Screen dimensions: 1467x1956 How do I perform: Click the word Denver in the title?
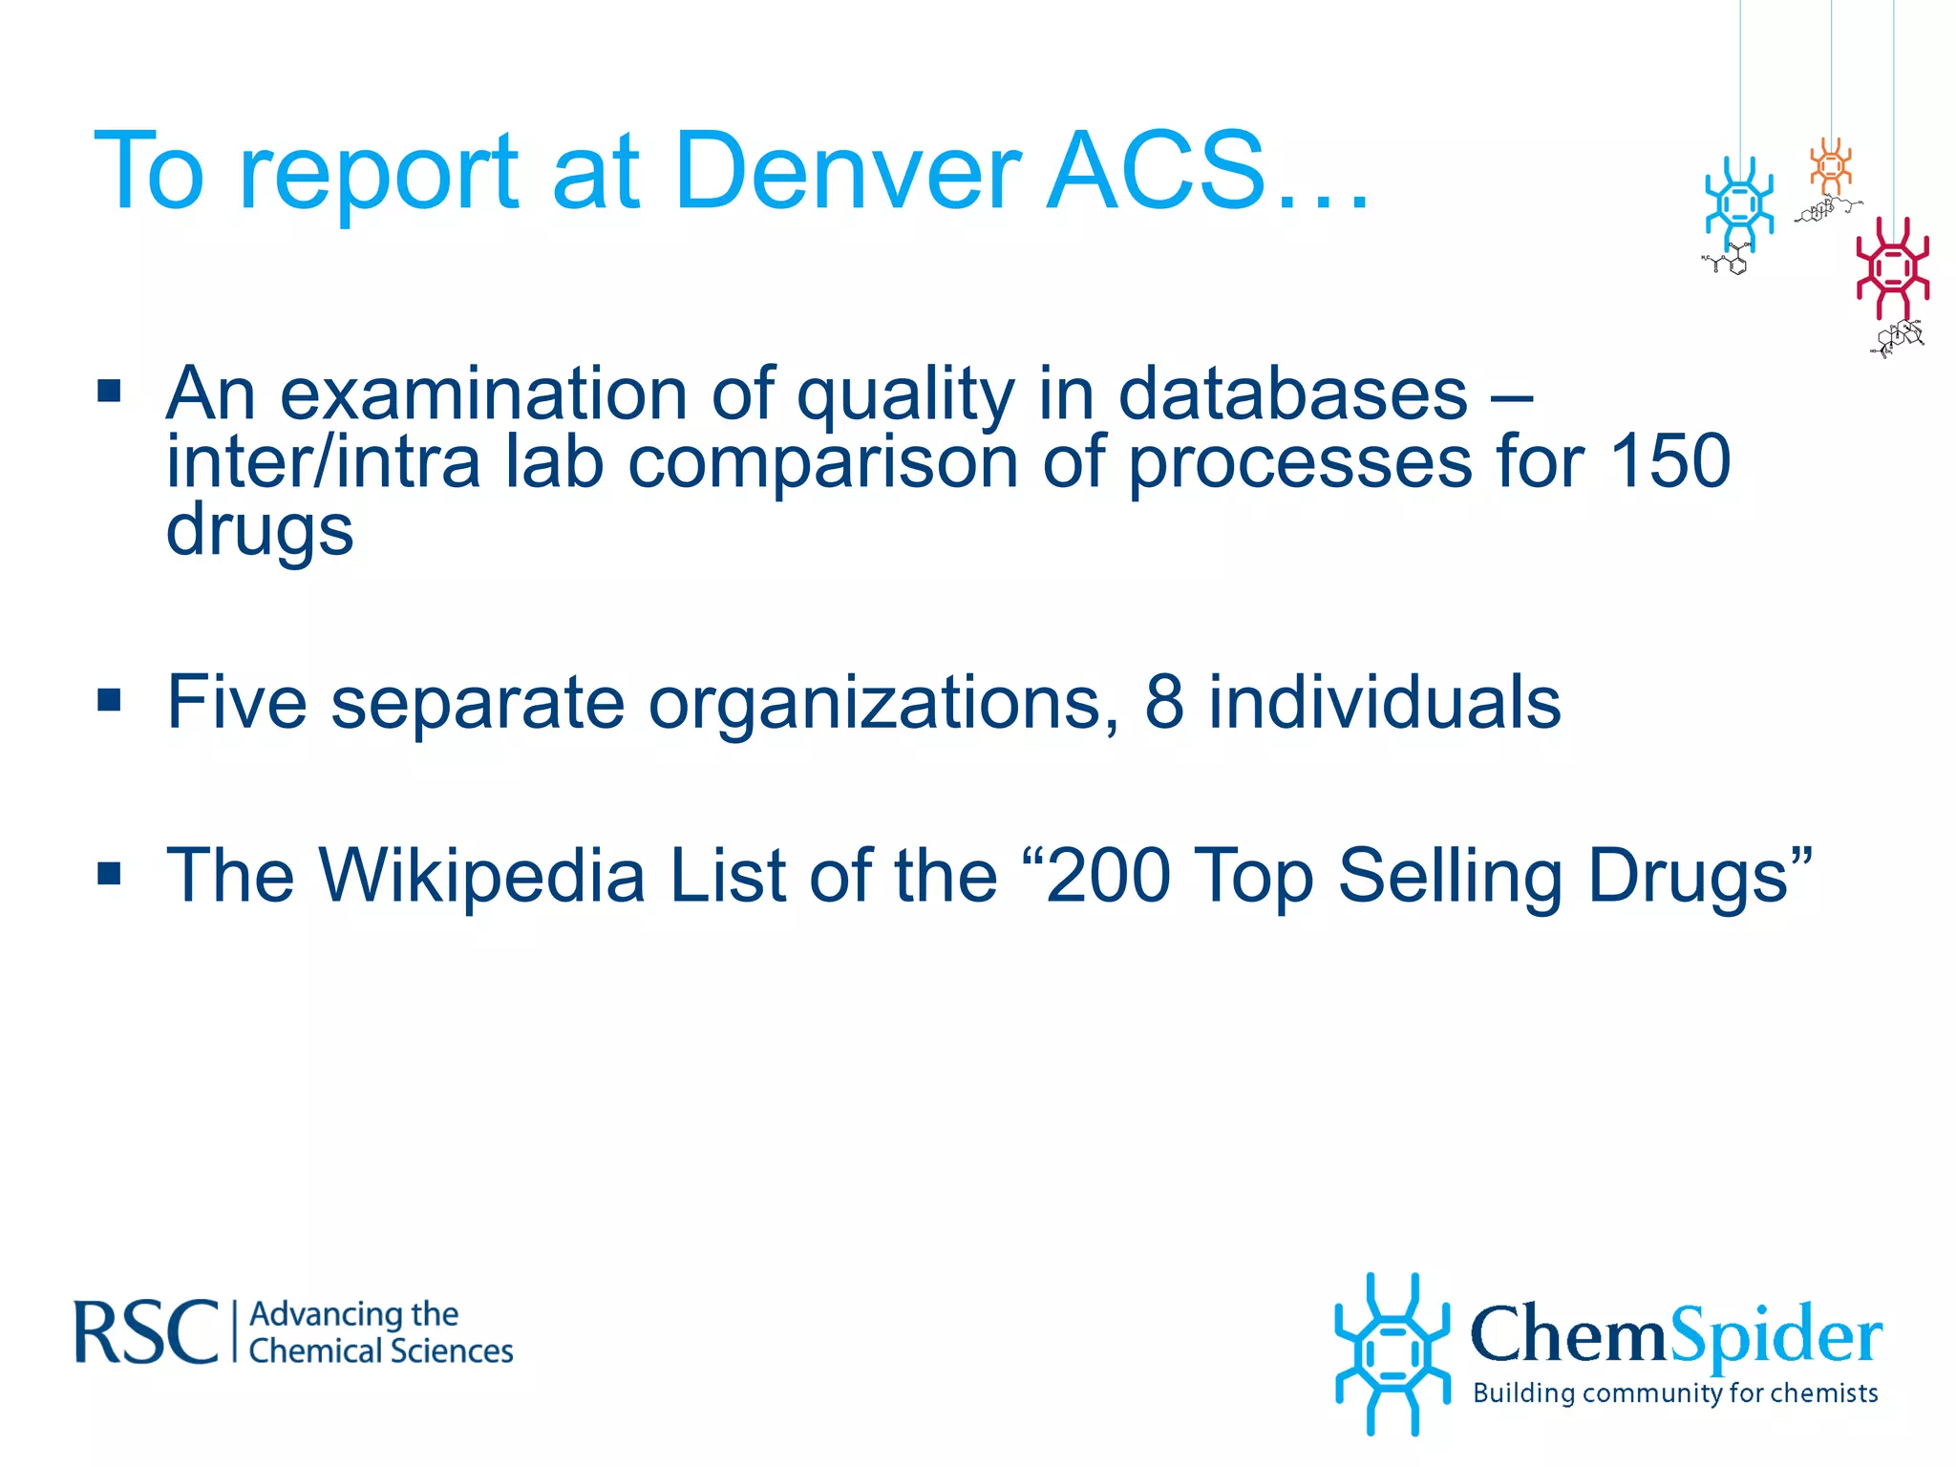pos(847,172)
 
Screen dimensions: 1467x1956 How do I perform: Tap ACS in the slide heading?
pos(1156,172)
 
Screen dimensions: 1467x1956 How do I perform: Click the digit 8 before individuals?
pos(1163,702)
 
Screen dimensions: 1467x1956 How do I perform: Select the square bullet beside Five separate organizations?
pos(110,701)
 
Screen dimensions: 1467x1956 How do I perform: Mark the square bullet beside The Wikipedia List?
pos(110,873)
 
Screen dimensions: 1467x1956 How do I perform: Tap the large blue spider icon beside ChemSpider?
pos(1392,1353)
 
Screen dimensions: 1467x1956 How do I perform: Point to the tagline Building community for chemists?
pos(1675,1393)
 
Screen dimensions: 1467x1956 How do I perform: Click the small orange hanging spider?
pos(1830,166)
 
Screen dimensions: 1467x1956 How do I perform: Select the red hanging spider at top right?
pos(1892,268)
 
